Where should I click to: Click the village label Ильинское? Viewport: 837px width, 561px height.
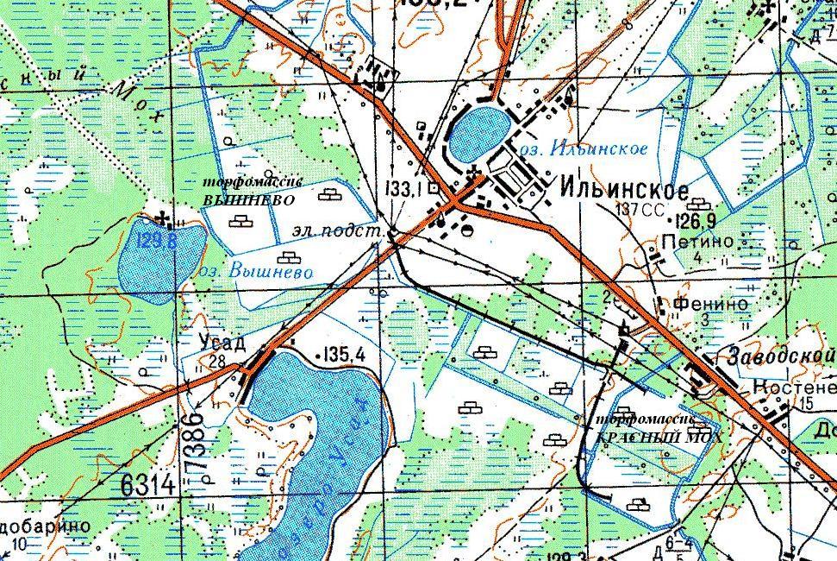pos(624,189)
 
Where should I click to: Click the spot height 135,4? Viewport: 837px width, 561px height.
pos(348,354)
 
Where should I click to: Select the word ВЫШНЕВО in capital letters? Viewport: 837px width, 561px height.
pos(248,199)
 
